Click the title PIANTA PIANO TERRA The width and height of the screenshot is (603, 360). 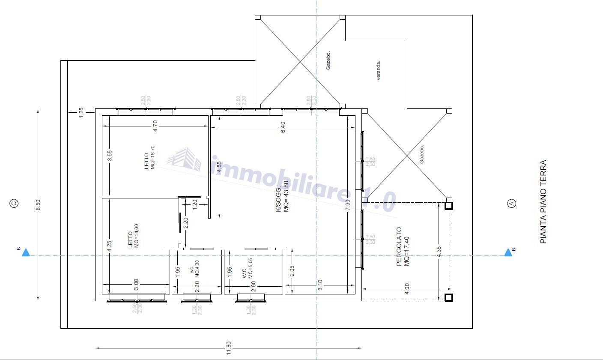tap(543, 202)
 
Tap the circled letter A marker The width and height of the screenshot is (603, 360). tap(511, 204)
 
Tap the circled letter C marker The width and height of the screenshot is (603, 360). tap(14, 204)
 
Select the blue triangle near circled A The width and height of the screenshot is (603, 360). tap(508, 252)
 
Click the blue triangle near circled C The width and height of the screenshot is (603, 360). tap(26, 252)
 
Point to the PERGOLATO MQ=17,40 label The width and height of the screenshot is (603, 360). tap(403, 247)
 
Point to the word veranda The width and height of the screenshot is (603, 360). tap(379, 71)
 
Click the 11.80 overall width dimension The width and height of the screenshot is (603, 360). tap(229, 348)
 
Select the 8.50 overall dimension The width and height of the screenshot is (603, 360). tap(38, 205)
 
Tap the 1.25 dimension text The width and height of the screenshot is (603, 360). tap(81, 113)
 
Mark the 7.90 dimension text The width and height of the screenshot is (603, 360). tap(348, 205)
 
